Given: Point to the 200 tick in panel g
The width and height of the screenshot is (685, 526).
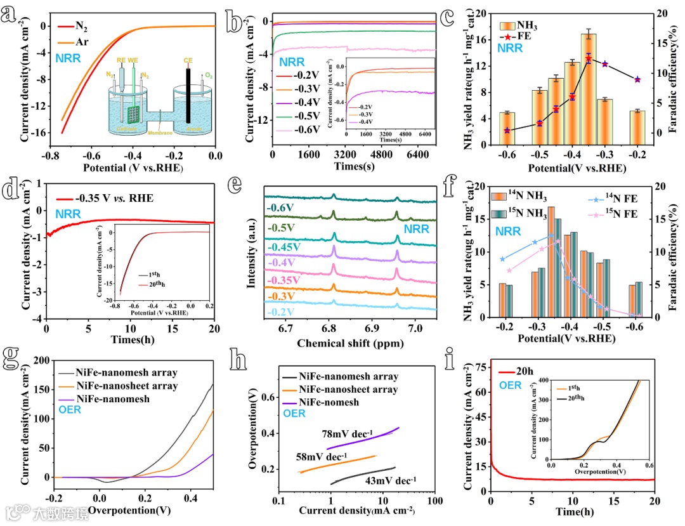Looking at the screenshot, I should click(41, 360).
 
